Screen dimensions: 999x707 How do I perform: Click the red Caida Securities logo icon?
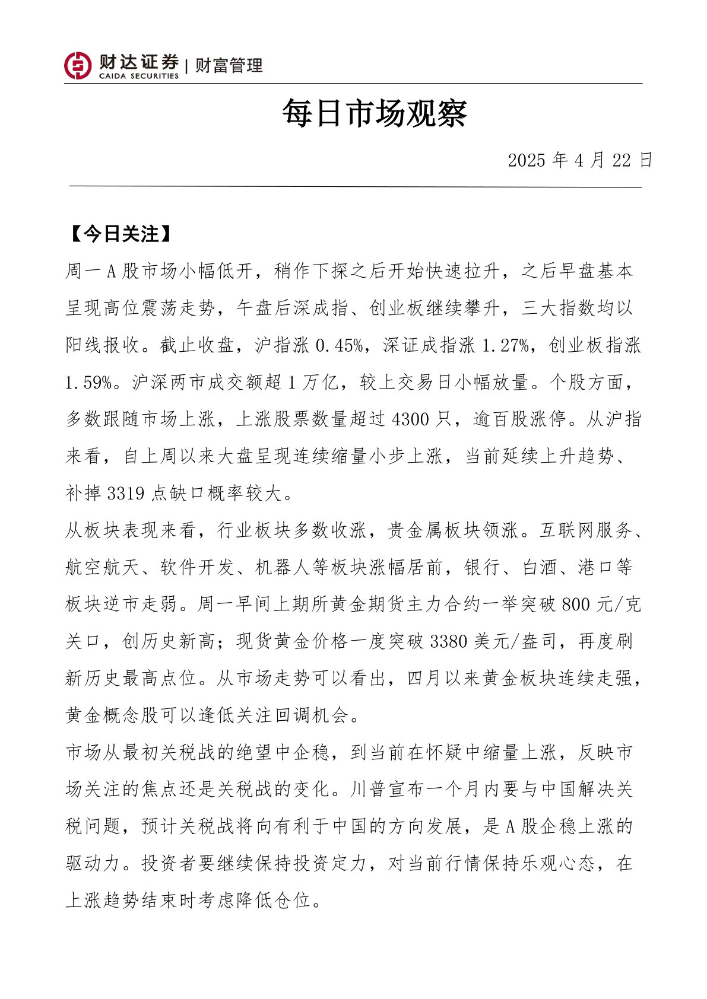click(x=78, y=65)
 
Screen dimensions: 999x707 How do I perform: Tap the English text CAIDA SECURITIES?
click(x=138, y=76)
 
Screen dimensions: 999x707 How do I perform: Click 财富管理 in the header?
click(x=229, y=65)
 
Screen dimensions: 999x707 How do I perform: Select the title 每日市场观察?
click(x=375, y=113)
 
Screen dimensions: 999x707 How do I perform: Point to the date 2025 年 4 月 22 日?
click(x=580, y=160)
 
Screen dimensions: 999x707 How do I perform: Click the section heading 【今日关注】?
click(x=121, y=234)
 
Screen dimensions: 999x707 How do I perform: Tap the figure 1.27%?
click(x=505, y=345)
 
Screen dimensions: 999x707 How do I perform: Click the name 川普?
click(x=369, y=789)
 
